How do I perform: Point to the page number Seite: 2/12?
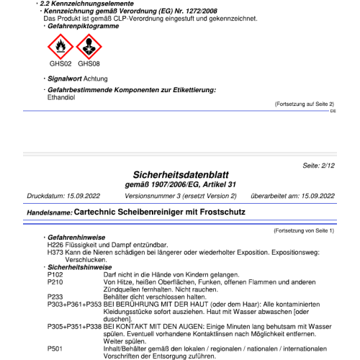click(x=320, y=166)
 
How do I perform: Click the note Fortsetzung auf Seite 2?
click(x=304, y=104)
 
